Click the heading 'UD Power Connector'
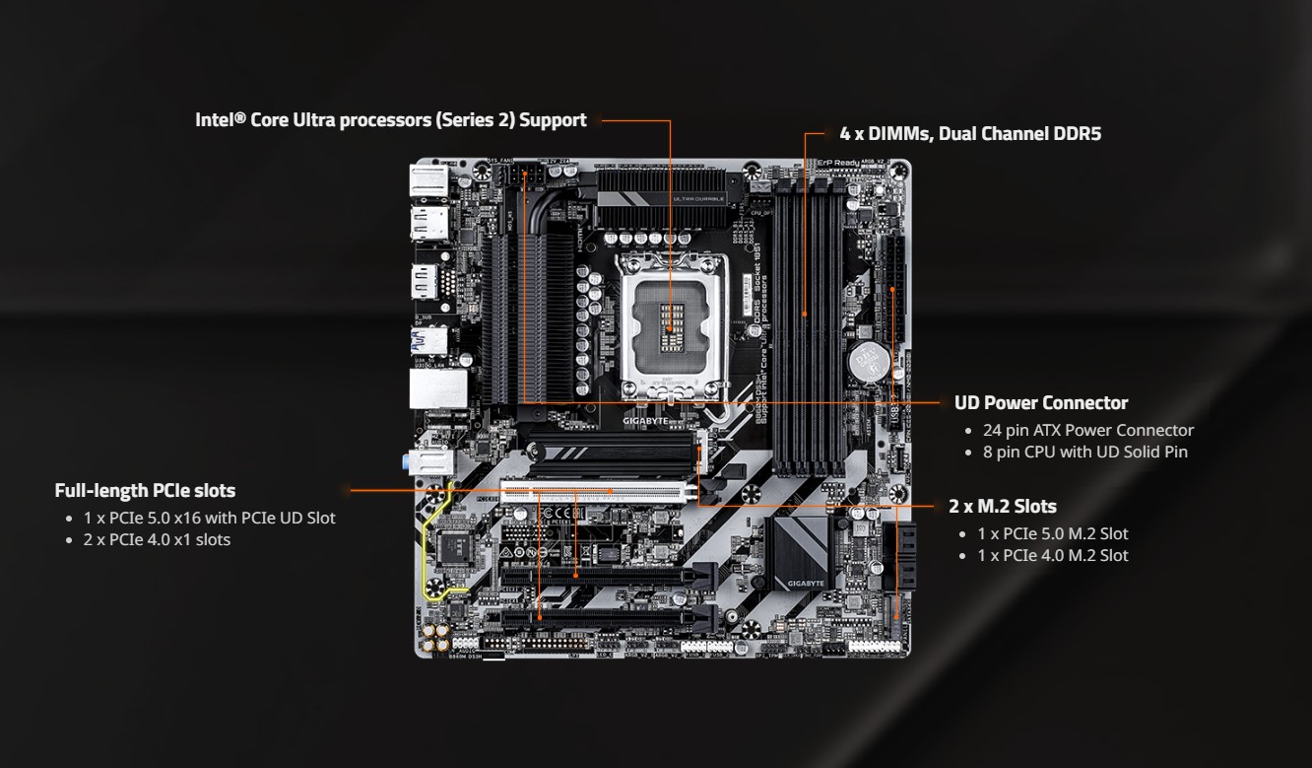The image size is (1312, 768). coord(1040,402)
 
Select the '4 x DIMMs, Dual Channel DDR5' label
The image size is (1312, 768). coord(970,133)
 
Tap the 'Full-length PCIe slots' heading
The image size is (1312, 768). coord(145,490)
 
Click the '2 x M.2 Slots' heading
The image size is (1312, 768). coord(1002,506)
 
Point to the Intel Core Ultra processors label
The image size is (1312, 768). coord(390,120)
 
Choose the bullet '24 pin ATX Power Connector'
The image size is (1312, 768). coord(1087,430)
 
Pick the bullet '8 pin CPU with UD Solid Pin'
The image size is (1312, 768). coord(1084,452)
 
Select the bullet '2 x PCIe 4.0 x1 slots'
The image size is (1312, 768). coord(157,539)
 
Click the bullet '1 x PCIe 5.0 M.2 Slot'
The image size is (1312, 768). coord(1052,533)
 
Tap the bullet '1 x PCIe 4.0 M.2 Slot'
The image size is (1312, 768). coord(1052,555)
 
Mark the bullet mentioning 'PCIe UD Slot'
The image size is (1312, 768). coord(209,518)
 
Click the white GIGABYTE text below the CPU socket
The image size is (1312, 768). coord(645,421)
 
